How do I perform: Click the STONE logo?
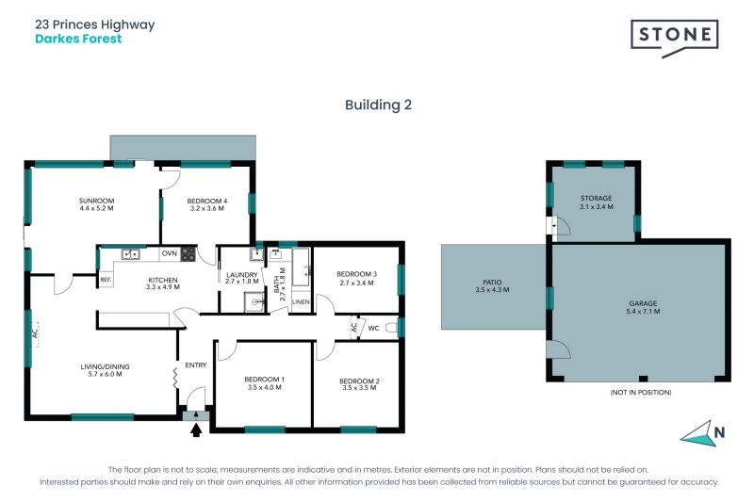(x=674, y=36)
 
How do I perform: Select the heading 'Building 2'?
(x=377, y=105)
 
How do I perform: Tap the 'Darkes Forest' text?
(x=78, y=40)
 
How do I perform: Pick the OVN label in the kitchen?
(x=170, y=253)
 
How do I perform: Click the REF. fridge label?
(x=106, y=280)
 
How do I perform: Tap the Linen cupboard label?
(x=301, y=301)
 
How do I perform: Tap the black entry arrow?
(x=197, y=431)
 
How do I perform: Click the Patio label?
(x=491, y=286)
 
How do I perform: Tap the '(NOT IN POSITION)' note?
(x=639, y=391)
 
